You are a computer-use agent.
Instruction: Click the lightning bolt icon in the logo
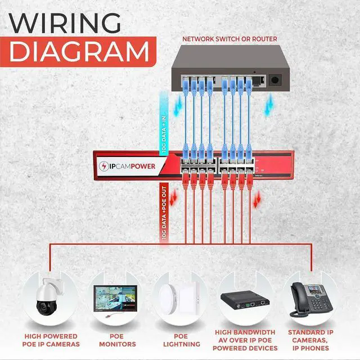(x=105, y=166)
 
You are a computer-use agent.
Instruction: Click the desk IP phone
(x=310, y=299)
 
